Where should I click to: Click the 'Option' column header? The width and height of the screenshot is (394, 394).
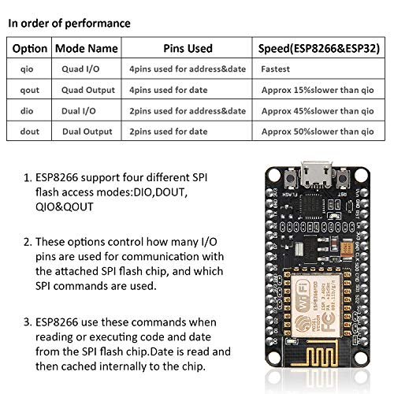[30, 48]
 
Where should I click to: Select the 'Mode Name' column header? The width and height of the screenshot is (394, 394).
[87, 48]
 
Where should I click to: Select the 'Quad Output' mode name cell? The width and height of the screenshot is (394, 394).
[87, 91]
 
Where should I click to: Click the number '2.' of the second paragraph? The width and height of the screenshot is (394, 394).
[28, 241]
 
